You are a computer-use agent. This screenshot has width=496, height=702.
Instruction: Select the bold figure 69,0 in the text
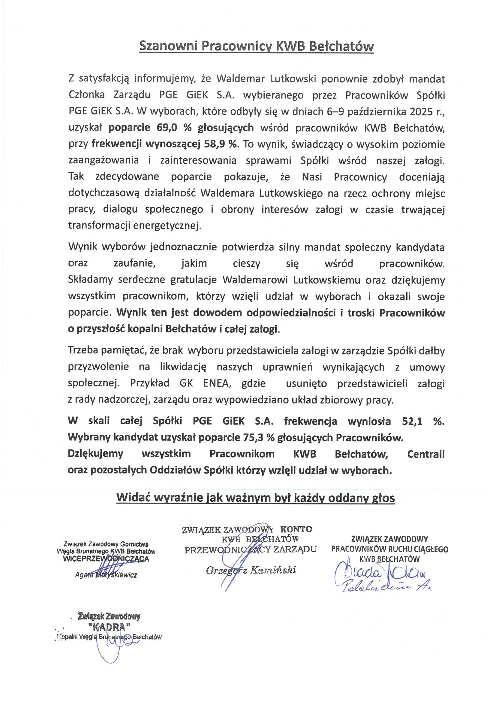click(167, 128)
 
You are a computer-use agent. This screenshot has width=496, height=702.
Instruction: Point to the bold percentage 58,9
click(214, 144)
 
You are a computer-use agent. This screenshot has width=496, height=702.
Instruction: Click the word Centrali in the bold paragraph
click(426, 454)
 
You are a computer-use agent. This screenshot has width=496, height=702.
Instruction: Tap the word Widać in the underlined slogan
click(132, 498)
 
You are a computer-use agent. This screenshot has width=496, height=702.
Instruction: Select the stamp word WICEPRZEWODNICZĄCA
click(106, 558)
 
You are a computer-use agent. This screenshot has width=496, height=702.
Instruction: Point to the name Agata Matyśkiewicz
click(106, 575)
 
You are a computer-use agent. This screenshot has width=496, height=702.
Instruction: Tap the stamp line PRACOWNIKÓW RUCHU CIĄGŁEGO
click(390, 549)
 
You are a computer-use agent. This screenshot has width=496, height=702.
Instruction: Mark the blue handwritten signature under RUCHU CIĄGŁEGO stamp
click(382, 578)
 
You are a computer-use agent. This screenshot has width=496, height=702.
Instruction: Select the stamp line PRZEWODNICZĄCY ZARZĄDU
click(251, 549)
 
